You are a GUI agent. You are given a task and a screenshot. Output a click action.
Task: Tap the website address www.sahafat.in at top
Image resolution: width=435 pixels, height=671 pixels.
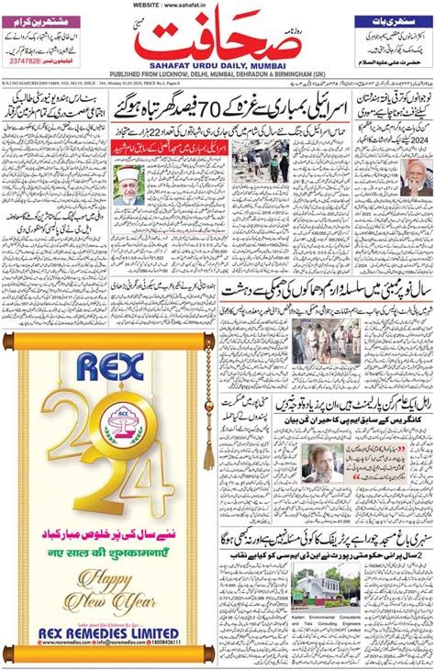coord(218,5)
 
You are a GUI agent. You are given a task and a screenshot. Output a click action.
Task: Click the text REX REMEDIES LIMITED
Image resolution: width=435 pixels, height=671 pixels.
coord(107,633)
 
